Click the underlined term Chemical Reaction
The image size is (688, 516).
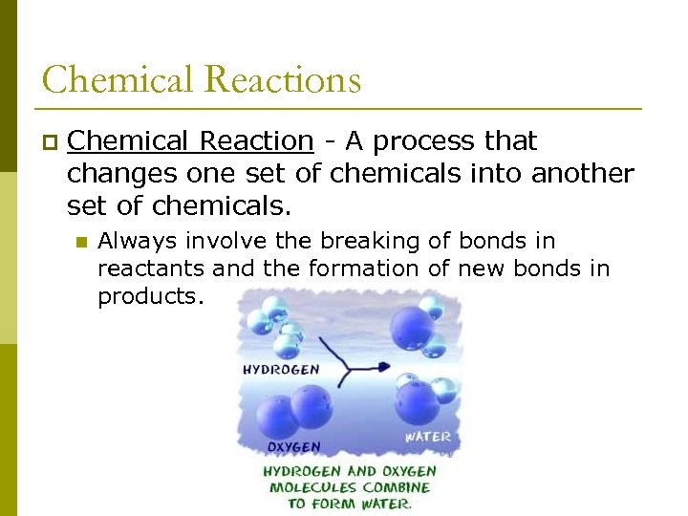(x=190, y=141)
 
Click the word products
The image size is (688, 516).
(x=150, y=296)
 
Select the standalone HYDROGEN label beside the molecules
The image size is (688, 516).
(x=281, y=369)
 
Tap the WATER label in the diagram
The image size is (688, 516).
(x=427, y=437)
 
